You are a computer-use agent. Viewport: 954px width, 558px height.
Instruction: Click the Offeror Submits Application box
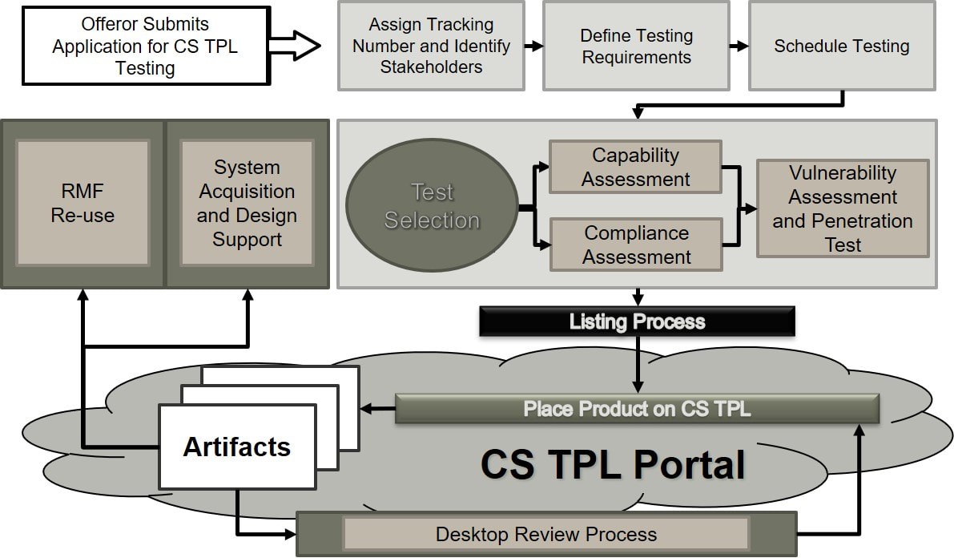tap(145, 46)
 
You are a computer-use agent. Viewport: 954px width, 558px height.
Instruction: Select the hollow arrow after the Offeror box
tap(293, 46)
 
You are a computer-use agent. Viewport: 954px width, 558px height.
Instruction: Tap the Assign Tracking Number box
tap(431, 46)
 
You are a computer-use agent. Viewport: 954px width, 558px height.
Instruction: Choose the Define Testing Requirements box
tap(636, 46)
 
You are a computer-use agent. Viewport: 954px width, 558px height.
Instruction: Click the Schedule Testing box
tap(841, 46)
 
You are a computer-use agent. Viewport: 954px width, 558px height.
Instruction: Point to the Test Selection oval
tap(432, 206)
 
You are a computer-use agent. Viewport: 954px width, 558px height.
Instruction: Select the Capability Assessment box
tap(635, 167)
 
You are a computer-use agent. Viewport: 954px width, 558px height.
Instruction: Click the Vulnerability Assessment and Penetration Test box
tap(843, 208)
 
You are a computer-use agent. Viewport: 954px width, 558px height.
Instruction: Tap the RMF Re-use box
tap(83, 203)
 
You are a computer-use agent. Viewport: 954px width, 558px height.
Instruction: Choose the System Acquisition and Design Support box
tap(247, 203)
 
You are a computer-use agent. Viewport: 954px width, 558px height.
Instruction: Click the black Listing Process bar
tap(637, 321)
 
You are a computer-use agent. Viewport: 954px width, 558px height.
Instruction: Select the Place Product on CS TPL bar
tap(637, 409)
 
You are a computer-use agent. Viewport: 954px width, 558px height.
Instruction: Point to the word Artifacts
tap(236, 447)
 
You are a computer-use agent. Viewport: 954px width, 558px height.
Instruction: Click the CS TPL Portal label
tap(613, 465)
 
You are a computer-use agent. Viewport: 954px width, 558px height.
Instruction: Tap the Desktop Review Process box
tap(545, 534)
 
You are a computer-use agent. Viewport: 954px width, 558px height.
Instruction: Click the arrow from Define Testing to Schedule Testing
tap(739, 46)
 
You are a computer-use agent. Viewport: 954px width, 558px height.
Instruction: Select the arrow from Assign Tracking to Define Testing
tap(533, 46)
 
